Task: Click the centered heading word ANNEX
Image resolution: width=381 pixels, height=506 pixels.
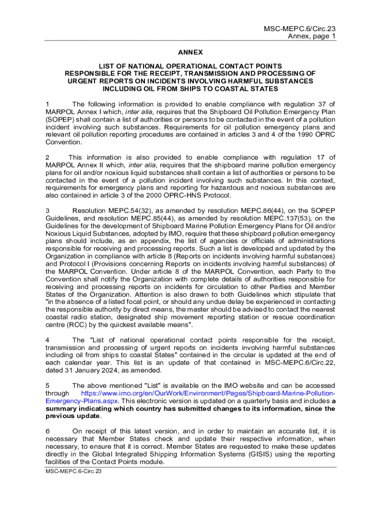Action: pos(190,52)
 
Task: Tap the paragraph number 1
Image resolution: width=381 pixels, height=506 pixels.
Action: pos(47,104)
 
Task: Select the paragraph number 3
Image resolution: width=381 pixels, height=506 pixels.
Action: pos(47,211)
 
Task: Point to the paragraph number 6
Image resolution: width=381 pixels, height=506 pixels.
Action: pos(47,431)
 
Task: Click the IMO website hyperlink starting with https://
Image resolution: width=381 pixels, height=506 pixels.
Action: pos(208,393)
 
